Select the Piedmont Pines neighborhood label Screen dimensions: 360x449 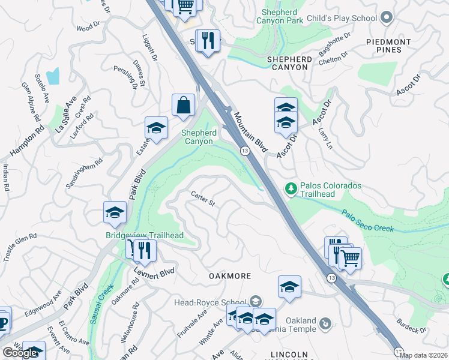pyautogui.click(x=389, y=46)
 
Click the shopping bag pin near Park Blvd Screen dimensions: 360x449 pyautogui.click(x=184, y=105)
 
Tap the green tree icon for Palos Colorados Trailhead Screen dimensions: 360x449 pyautogui.click(x=292, y=190)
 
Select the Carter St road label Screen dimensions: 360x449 pyautogui.click(x=203, y=199)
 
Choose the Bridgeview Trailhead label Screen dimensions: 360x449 pyautogui.click(x=144, y=235)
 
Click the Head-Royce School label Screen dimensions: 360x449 pyautogui.click(x=210, y=302)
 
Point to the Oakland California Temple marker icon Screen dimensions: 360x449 pyautogui.click(x=325, y=323)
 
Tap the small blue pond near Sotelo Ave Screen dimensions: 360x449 pyautogui.click(x=53, y=76)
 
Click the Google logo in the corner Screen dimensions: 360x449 pyautogui.click(x=20, y=353)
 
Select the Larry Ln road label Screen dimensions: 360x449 pyautogui.click(x=327, y=139)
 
